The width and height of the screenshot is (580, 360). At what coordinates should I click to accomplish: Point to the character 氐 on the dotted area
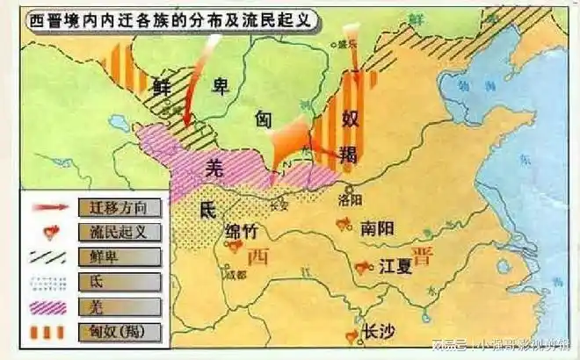(207, 211)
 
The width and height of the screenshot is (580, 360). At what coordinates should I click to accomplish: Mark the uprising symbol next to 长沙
(353, 334)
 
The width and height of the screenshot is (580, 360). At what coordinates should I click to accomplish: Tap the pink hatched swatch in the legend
(52, 306)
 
